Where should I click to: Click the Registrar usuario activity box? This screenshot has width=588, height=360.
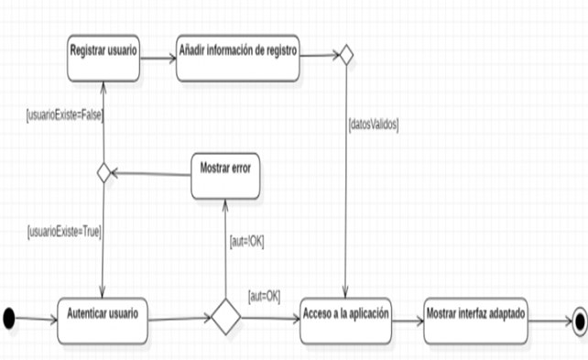(103, 58)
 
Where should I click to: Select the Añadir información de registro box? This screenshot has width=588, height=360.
(238, 58)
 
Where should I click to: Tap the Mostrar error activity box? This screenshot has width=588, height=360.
(225, 176)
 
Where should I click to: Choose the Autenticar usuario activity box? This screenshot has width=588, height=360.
(103, 321)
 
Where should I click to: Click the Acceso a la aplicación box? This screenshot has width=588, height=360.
(346, 321)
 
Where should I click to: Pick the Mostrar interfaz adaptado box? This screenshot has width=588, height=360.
(476, 321)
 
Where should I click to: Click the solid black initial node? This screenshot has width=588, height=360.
(9, 318)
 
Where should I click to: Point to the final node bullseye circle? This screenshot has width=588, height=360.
(580, 322)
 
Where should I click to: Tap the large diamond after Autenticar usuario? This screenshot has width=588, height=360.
(225, 317)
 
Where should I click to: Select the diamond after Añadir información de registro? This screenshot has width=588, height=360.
(346, 55)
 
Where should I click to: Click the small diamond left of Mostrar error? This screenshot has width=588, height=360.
(103, 173)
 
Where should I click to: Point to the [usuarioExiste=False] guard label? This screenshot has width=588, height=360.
(65, 115)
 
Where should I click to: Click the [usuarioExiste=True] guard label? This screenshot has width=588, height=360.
(64, 232)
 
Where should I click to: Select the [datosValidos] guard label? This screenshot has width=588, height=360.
(374, 125)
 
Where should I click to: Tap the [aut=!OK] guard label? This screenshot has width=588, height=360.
(246, 242)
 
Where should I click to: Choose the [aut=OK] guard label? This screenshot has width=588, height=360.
(265, 297)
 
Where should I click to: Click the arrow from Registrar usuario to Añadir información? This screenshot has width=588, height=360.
(158, 58)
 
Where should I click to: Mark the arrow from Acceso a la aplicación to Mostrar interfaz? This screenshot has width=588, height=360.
(408, 321)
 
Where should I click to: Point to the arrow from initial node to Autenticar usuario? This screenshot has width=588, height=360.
(37, 319)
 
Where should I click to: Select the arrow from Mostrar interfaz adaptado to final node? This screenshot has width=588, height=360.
(550, 321)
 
